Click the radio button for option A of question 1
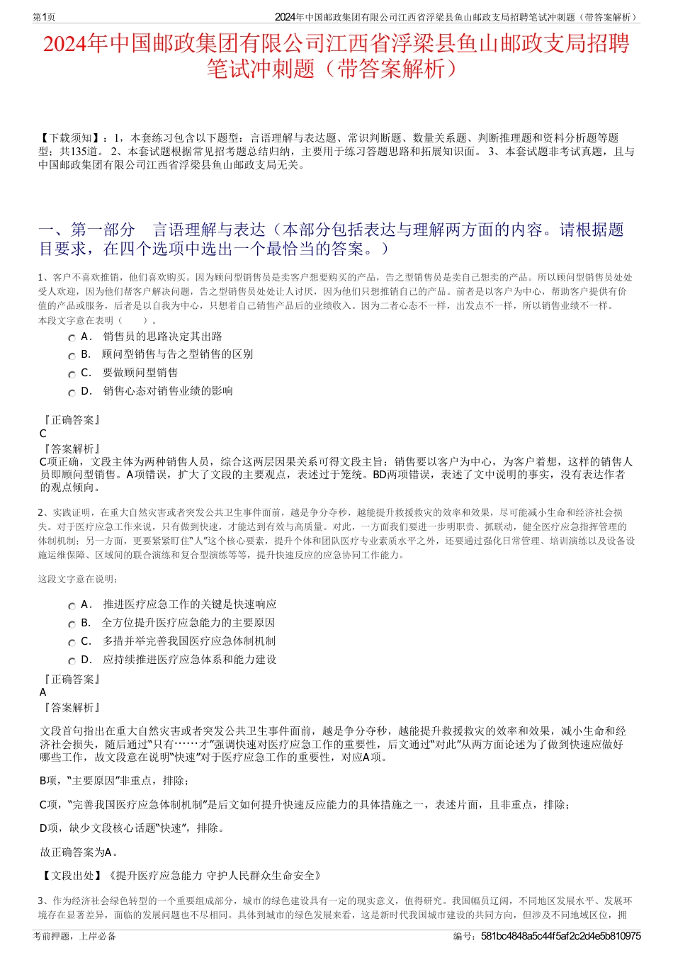tap(72, 338)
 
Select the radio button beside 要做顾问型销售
tap(72, 374)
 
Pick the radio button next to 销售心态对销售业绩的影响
tap(72, 393)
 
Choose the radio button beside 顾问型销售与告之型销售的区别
tap(72, 356)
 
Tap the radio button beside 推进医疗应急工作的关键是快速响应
tap(72, 606)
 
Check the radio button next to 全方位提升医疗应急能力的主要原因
tap(72, 624)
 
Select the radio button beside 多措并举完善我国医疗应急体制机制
tap(72, 643)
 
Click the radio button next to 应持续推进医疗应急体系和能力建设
tap(72, 661)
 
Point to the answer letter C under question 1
tap(43, 434)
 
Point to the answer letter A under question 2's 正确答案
tap(43, 692)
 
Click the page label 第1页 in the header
tap(45, 17)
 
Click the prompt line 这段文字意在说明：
tap(79, 580)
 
